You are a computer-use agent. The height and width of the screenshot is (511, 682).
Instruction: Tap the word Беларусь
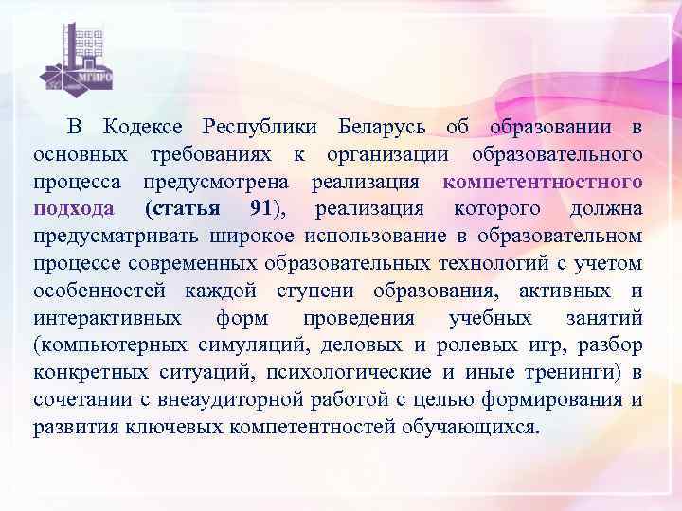(x=382, y=128)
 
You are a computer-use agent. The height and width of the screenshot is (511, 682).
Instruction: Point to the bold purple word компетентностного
(x=543, y=181)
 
